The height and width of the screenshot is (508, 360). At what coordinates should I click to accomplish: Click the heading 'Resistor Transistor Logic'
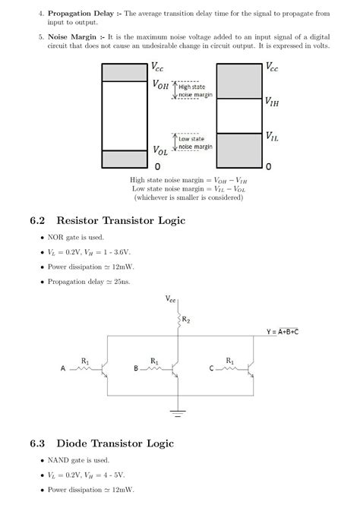click(x=121, y=221)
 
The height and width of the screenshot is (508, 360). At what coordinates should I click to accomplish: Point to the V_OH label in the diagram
click(x=160, y=85)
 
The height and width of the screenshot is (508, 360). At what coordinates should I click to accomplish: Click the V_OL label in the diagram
click(x=160, y=150)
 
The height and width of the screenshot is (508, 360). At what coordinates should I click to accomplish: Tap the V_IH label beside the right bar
click(x=273, y=101)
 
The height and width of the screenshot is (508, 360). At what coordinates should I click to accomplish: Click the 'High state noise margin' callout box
click(x=195, y=91)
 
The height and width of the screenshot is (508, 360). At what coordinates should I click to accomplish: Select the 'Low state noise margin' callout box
click(x=195, y=142)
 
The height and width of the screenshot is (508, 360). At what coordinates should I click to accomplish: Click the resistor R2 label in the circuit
click(x=186, y=321)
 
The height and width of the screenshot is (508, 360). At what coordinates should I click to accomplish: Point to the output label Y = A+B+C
click(x=292, y=332)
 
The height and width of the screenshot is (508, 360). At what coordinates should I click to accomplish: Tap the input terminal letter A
click(x=63, y=368)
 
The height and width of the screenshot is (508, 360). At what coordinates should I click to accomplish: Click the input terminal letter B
click(x=136, y=368)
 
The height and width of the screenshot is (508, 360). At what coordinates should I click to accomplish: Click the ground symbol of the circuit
click(x=178, y=414)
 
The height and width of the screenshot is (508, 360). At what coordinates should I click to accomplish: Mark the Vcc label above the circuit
click(x=172, y=300)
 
